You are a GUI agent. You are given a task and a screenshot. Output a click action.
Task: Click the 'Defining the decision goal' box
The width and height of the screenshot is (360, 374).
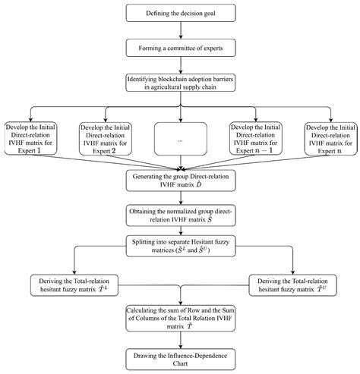coord(180,14)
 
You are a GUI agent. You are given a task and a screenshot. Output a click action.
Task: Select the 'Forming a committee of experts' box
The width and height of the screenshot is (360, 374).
coord(180,47)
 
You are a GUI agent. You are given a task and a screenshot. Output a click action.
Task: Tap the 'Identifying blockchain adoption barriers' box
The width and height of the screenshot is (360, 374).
coord(180,83)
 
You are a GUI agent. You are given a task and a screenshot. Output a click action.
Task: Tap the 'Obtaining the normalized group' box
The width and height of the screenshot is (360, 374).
coord(180,214)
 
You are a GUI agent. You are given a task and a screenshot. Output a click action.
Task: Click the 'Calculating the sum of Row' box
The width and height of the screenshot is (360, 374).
coord(180,320)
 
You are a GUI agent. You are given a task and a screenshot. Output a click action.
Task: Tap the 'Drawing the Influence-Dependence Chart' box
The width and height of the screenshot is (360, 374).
coord(180,359)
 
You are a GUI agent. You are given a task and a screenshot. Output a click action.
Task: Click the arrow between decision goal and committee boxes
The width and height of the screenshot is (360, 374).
coord(180,30)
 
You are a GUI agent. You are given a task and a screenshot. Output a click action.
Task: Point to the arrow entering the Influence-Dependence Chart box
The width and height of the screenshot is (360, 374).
coord(180,341)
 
